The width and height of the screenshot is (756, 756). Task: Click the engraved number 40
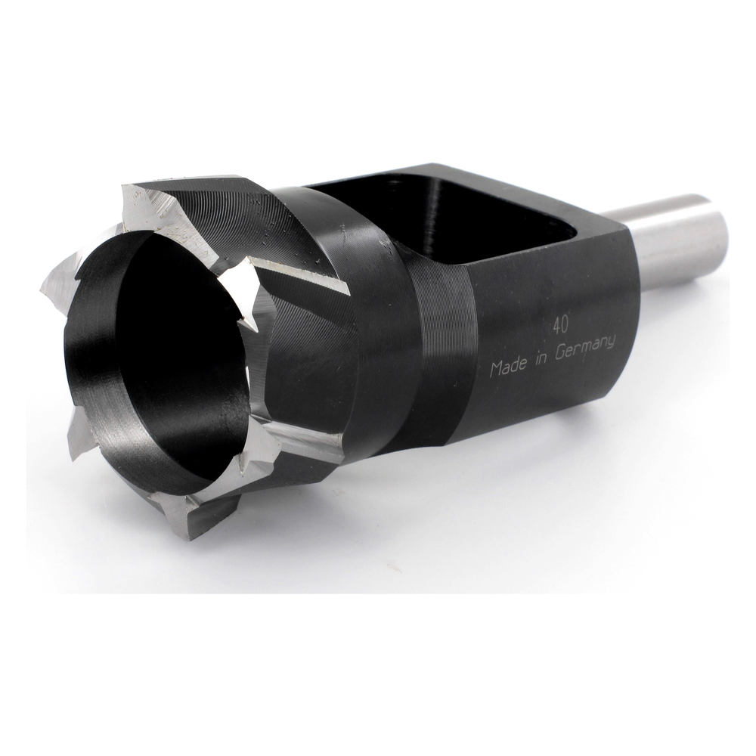click(x=560, y=326)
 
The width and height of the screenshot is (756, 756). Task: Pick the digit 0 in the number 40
click(x=565, y=325)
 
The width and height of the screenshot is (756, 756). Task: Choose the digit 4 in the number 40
click(x=556, y=327)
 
